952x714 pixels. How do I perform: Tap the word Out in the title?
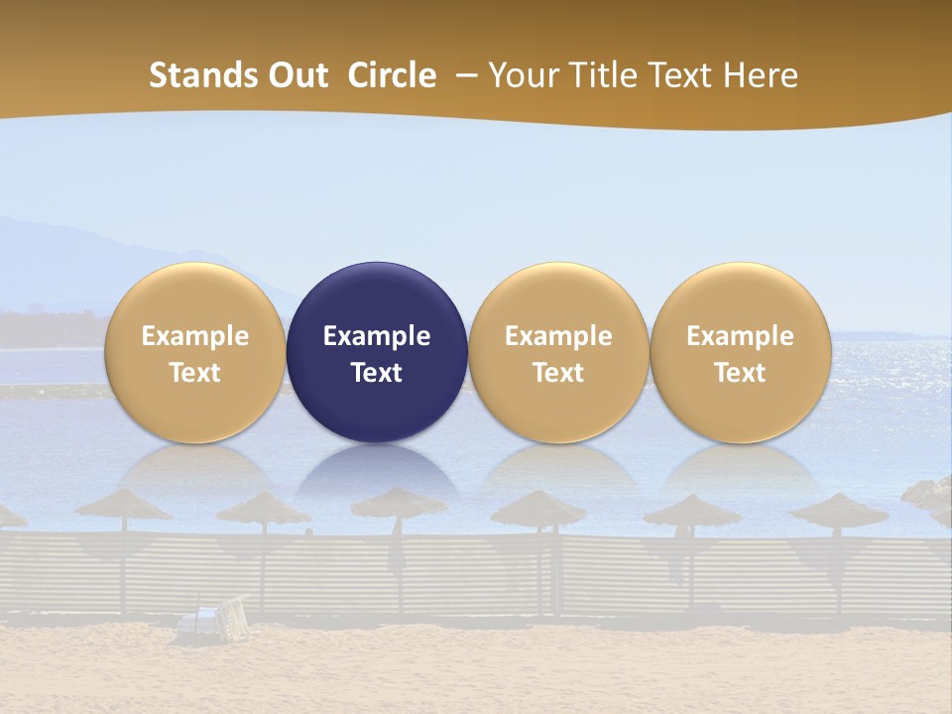pyautogui.click(x=297, y=75)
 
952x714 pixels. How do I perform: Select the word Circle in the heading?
pyautogui.click(x=392, y=75)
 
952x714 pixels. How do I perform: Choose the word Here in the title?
pyautogui.click(x=761, y=75)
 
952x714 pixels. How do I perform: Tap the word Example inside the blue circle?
pyautogui.click(x=377, y=336)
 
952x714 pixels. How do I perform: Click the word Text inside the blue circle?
pyautogui.click(x=377, y=373)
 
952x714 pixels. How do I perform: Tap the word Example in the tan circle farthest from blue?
pyautogui.click(x=740, y=336)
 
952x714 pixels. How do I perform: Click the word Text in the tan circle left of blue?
pyautogui.click(x=194, y=373)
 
